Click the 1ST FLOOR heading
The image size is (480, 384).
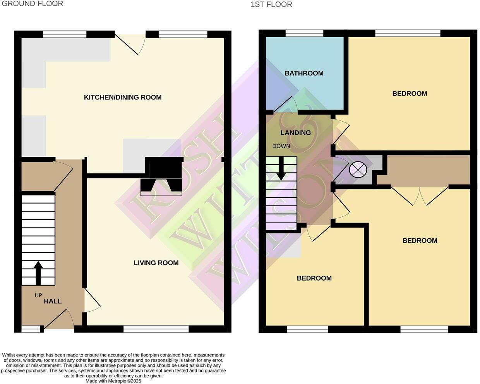tap(271, 4)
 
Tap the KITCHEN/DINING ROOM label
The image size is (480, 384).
tap(123, 97)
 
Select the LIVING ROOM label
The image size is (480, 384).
tap(156, 263)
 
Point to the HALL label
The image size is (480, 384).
tap(53, 301)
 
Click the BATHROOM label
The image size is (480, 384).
tap(304, 73)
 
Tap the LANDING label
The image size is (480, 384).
tap(296, 133)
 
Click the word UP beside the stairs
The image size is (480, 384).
tap(38, 295)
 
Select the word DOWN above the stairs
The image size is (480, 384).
tap(281, 146)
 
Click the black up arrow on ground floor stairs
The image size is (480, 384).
tap(38, 273)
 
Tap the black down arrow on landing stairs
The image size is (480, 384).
tap(281, 169)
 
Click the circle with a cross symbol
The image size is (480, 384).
tap(358, 169)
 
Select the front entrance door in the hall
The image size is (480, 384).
tap(59, 320)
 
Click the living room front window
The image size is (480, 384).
tap(156, 329)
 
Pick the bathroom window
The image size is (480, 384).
tap(304, 34)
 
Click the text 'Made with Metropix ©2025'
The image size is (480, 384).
tap(113, 381)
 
